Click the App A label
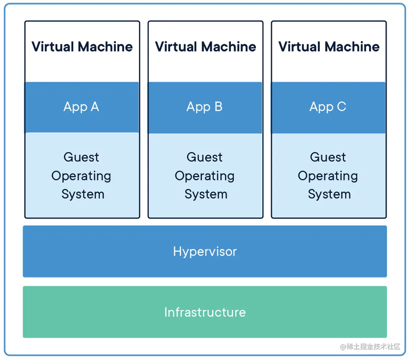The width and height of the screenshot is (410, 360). [81, 107]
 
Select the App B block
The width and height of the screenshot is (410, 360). [205, 107]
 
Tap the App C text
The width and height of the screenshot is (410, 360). [328, 107]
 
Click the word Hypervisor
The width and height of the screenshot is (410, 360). [205, 251]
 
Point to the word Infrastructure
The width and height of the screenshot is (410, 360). [205, 312]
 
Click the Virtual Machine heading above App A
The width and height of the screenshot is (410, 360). [82, 47]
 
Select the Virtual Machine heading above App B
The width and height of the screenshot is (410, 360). [205, 47]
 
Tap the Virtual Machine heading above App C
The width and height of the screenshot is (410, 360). [329, 47]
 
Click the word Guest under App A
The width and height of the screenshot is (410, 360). [81, 157]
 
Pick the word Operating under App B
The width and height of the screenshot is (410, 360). [205, 176]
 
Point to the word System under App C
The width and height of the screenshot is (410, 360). [329, 194]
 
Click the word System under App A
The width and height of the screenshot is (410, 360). [83, 194]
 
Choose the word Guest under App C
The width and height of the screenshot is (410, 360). [328, 157]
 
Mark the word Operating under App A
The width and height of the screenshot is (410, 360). [81, 176]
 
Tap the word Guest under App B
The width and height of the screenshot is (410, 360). [204, 157]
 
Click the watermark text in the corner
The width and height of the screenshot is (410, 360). [370, 346]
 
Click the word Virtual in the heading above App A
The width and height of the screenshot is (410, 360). [53, 47]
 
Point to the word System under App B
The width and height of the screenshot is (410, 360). [206, 194]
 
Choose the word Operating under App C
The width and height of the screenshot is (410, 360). [328, 176]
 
